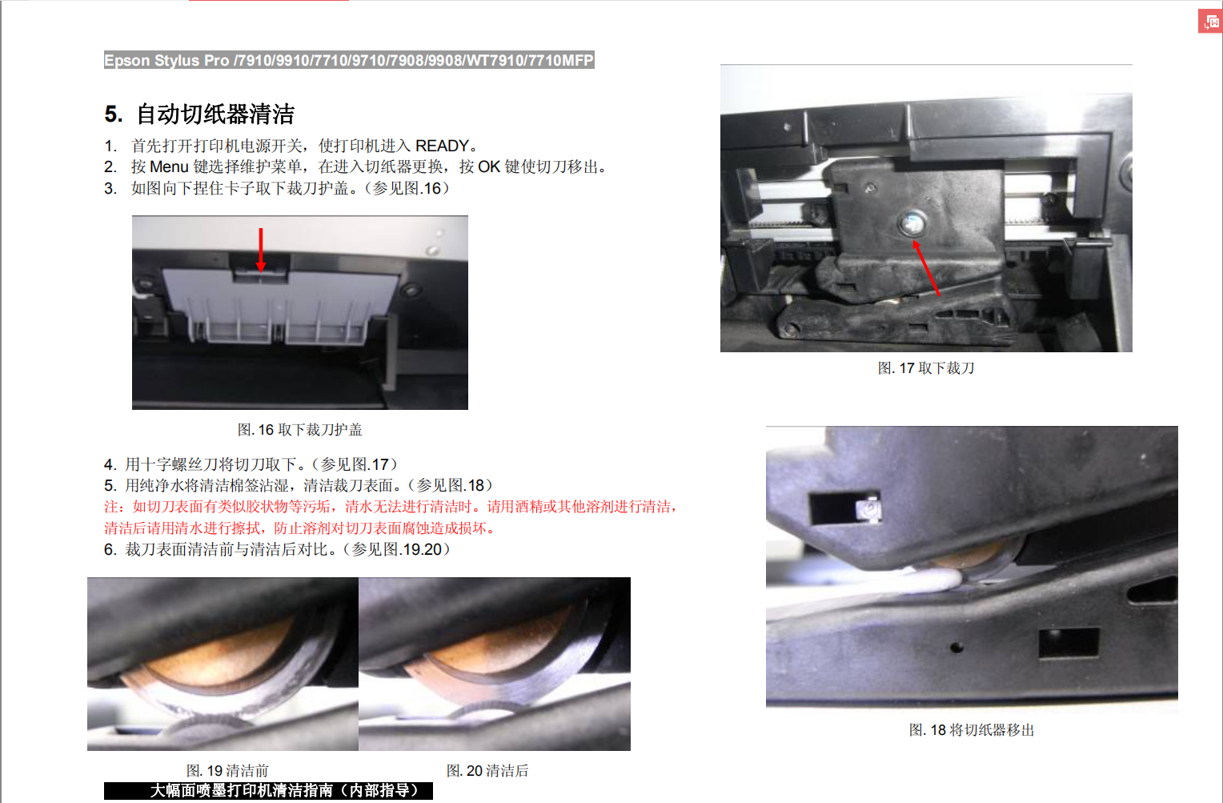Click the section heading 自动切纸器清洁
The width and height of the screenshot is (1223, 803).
point(215,114)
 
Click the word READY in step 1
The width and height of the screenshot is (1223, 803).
point(442,146)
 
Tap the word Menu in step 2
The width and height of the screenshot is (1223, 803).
point(169,167)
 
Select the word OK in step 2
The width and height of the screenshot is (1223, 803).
point(489,167)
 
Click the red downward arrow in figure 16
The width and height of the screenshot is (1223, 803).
point(261,250)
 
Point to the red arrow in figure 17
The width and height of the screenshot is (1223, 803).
point(925,267)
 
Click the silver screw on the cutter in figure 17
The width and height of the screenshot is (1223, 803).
point(912,223)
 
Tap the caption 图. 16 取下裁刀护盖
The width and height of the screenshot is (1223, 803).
point(299,430)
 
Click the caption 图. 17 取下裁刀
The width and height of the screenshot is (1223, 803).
point(926,368)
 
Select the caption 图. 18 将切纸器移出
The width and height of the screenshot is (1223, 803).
point(972,730)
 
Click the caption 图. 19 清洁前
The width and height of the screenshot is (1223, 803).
point(227,770)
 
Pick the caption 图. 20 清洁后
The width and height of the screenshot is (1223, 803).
point(487,770)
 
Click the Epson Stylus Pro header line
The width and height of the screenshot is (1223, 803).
point(349,60)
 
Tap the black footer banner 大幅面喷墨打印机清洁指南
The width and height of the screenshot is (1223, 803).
point(268,790)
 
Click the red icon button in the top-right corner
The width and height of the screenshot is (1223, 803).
point(1210,22)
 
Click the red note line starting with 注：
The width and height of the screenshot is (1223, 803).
point(391,507)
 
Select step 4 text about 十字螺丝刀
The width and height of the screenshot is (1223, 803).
point(251,464)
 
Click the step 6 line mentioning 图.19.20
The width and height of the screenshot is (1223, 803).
point(278,549)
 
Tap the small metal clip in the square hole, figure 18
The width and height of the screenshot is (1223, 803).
point(868,509)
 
